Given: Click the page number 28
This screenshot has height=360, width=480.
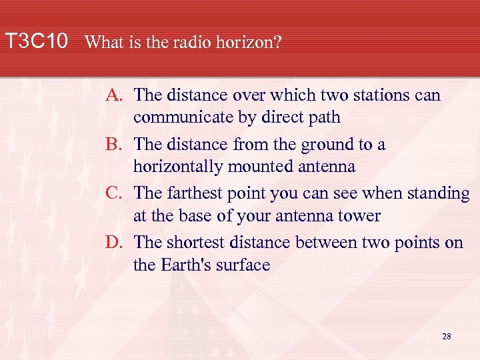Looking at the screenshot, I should click(446, 337).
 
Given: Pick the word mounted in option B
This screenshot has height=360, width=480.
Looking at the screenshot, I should click(252, 167).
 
